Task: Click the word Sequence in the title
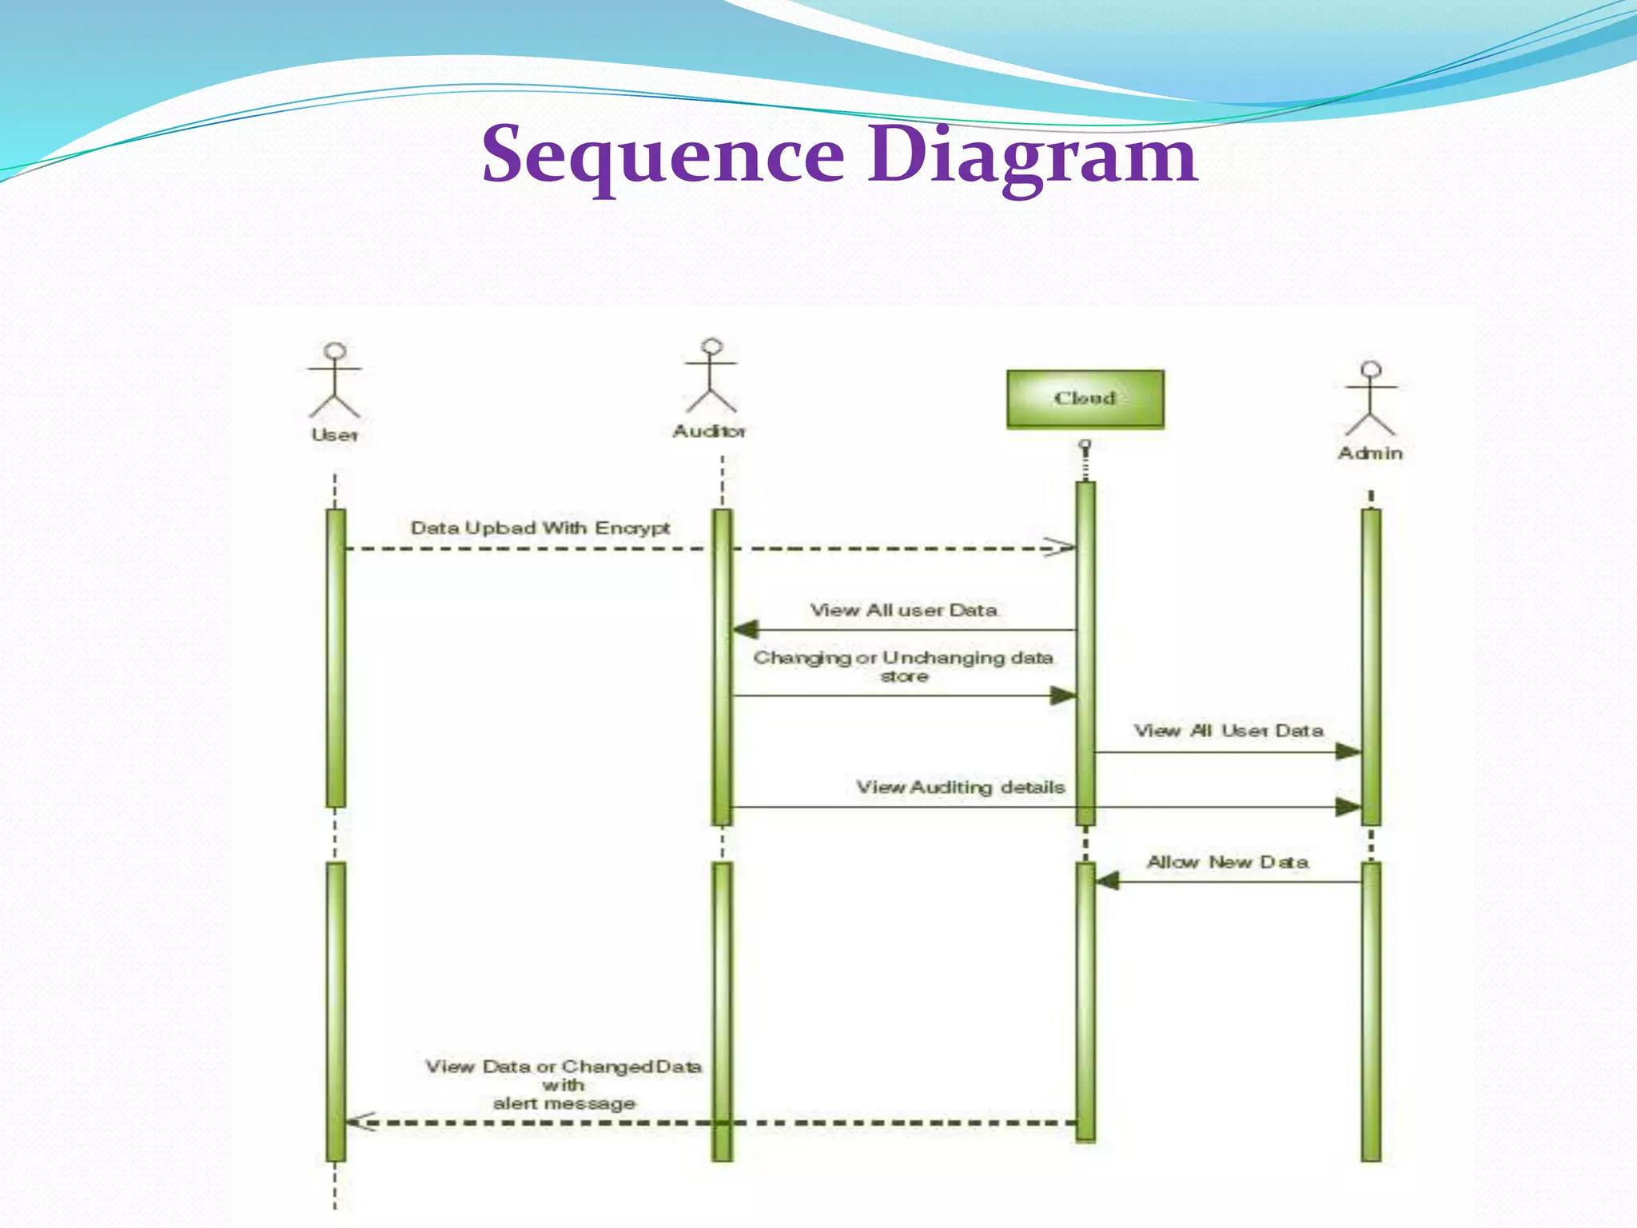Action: (663, 155)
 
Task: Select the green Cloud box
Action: (1085, 399)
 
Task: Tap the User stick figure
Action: (335, 381)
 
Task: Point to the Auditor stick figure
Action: (711, 377)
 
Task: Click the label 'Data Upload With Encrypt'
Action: (540, 528)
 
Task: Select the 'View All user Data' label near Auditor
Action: (904, 611)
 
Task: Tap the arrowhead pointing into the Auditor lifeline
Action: (746, 630)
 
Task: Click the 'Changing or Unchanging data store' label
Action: (903, 666)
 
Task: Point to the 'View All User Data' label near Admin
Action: (1229, 731)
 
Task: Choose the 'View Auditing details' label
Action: (960, 787)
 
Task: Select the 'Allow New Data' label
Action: (1228, 863)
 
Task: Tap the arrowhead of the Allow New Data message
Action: (1107, 882)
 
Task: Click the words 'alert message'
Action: (564, 1104)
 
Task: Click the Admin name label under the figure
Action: (1370, 453)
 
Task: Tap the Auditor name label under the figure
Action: (709, 432)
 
